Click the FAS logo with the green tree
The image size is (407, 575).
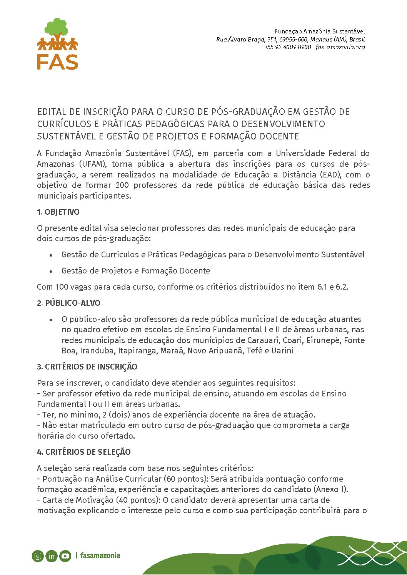58,44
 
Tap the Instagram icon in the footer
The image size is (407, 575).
38,556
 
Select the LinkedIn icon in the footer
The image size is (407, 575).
51,556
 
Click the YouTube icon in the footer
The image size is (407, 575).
65,556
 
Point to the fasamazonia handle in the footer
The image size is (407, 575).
100,555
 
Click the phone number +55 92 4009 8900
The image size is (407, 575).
288,47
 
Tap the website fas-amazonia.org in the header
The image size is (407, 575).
340,47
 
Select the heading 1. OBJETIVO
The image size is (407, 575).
58,212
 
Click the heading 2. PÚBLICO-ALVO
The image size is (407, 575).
68,303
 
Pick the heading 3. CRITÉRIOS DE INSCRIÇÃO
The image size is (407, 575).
87,367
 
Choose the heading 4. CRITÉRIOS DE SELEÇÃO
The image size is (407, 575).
84,452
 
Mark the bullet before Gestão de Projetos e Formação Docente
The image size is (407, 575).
50,271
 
